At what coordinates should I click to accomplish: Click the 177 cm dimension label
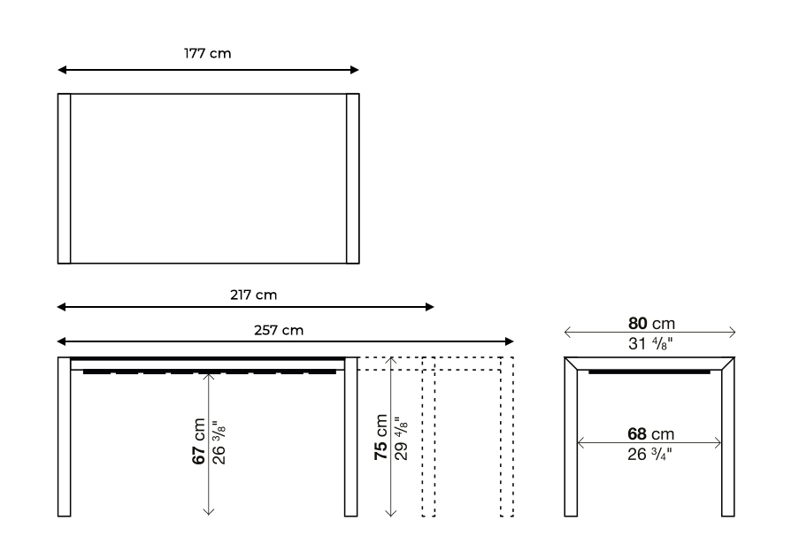point(208,54)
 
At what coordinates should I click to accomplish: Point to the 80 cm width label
point(650,324)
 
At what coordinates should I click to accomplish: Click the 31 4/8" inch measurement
point(650,345)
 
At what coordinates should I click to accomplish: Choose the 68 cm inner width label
point(650,434)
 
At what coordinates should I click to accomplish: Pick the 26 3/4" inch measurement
point(650,455)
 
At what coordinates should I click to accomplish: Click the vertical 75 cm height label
point(380,437)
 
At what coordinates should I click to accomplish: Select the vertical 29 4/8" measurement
point(400,437)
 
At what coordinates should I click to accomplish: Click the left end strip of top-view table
point(64,178)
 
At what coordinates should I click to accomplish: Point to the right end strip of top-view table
point(353,178)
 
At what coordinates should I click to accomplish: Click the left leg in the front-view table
point(64,438)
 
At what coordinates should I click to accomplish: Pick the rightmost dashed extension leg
point(507,438)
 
